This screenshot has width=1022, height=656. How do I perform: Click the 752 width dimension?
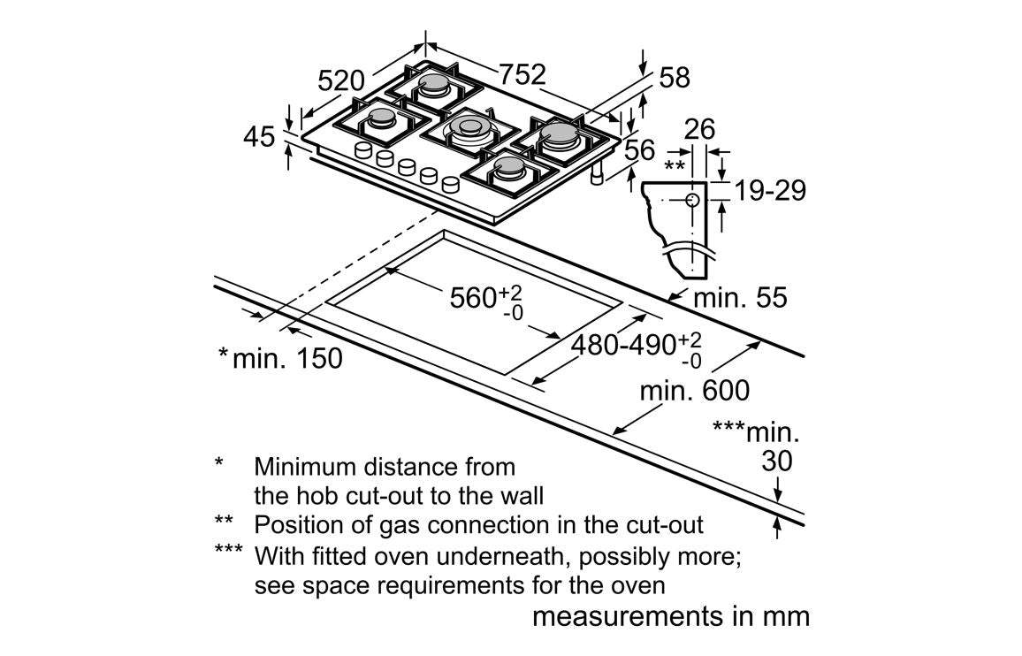pos(522,75)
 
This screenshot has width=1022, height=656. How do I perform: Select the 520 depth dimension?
pos(340,81)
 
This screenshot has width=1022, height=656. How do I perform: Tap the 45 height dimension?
pos(258,137)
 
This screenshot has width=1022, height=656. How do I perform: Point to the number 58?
pos(674,78)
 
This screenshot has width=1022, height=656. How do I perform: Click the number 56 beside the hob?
pos(640,150)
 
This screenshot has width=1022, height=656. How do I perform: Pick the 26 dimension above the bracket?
pos(699,130)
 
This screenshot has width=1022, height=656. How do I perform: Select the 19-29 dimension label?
pos(770,190)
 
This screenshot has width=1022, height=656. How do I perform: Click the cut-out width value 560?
pos(473,298)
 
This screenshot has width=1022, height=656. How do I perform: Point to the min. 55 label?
pos(739,297)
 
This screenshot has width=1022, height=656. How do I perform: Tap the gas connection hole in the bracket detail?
pos(694,200)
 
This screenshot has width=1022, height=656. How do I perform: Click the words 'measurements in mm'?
pos(670,616)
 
